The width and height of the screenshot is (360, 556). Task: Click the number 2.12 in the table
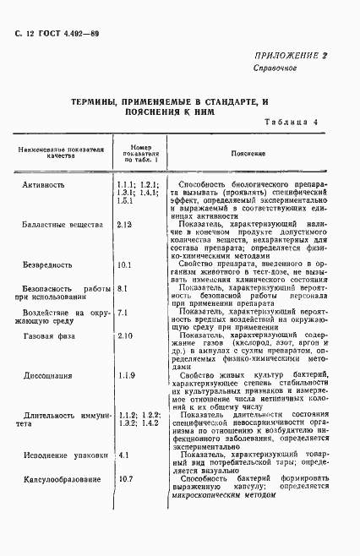126,225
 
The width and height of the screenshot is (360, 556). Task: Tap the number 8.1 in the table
123,289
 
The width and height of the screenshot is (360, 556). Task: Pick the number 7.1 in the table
123,313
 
